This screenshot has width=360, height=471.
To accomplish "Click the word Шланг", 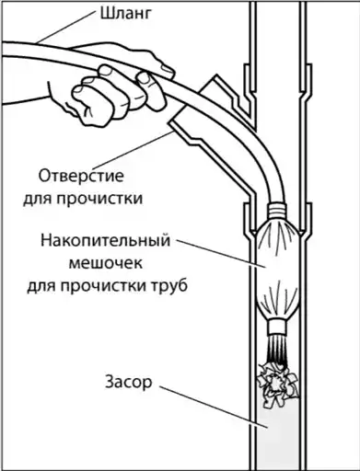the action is pos(126,15).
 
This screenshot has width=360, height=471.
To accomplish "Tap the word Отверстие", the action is pos(81,177).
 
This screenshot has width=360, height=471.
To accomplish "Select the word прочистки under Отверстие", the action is pos(99,199).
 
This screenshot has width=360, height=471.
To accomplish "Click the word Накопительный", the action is pos(105,241).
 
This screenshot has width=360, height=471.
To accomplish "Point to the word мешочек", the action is pos(106,263).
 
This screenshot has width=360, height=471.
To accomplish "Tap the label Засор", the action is pos(129,382).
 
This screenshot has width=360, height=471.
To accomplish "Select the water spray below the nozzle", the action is pos(276,349).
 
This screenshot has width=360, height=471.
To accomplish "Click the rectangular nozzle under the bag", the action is pos(277,327).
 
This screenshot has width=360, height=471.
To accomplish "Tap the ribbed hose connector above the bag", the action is pos(276,212).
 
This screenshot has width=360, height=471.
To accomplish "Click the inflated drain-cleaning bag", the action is pos(276,270).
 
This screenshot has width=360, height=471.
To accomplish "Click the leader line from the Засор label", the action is pos(214,407).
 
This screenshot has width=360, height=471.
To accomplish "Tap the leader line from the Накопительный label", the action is pos(222,254).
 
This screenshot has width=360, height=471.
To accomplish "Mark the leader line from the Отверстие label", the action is pos(133,150).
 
